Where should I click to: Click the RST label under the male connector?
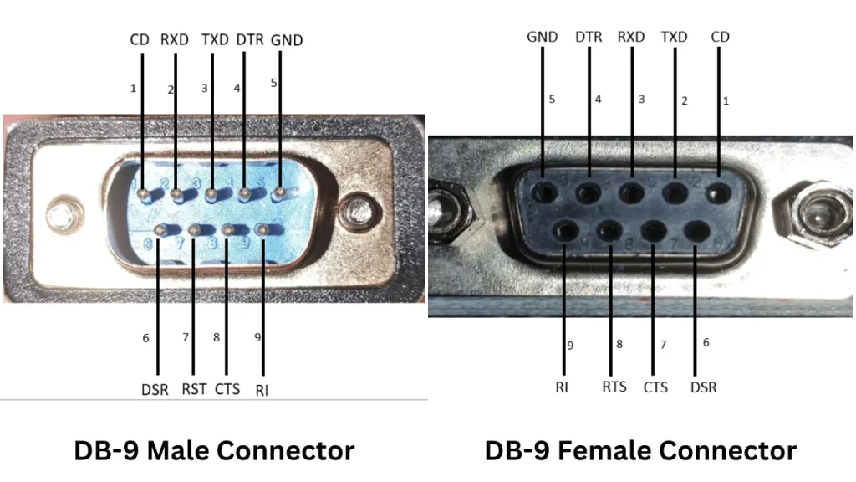[194, 389]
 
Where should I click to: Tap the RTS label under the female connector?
[614, 387]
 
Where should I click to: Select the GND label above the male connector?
[287, 40]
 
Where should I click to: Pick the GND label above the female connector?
[542, 37]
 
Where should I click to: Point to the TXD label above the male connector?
[215, 40]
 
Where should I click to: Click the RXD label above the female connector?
[631, 37]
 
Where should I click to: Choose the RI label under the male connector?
[262, 390]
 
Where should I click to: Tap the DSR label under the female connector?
[704, 387]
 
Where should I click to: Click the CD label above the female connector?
[720, 37]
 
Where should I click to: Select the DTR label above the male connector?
[250, 40]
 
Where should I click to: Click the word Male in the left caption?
[180, 451]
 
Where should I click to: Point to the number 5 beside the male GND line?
[273, 83]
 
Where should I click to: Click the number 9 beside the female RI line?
[570, 346]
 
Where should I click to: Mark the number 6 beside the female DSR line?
[706, 342]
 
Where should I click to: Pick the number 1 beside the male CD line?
[133, 89]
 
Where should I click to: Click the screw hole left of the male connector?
[64, 214]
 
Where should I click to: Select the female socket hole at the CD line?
[718, 193]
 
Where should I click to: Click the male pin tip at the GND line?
[279, 193]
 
